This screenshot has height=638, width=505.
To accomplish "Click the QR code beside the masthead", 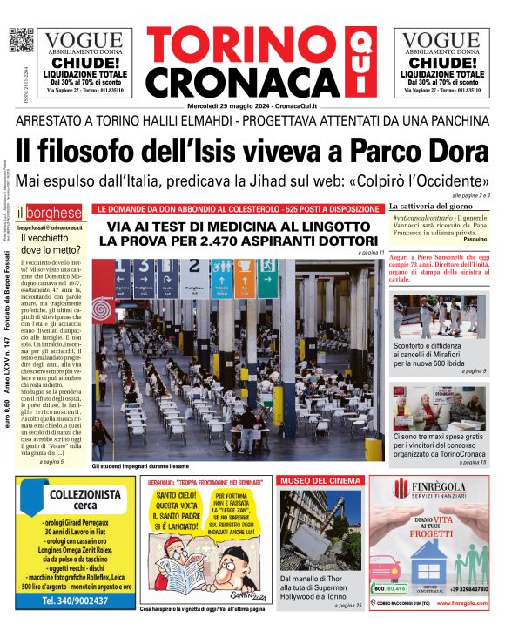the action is pyautogui.click(x=20, y=40).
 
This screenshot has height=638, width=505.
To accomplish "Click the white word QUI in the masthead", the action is pyautogui.click(x=356, y=63).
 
